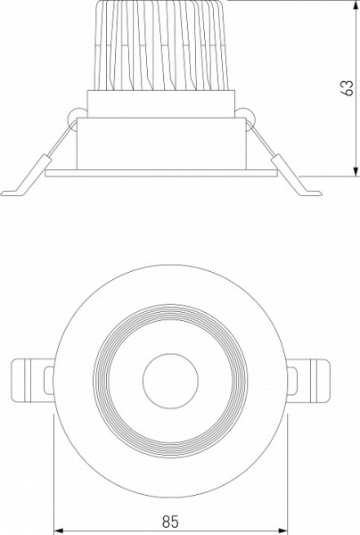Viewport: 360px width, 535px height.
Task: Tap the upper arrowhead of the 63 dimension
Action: pyautogui.click(x=355, y=8)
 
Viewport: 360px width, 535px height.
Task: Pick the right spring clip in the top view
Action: pyautogui.click(x=313, y=379)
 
